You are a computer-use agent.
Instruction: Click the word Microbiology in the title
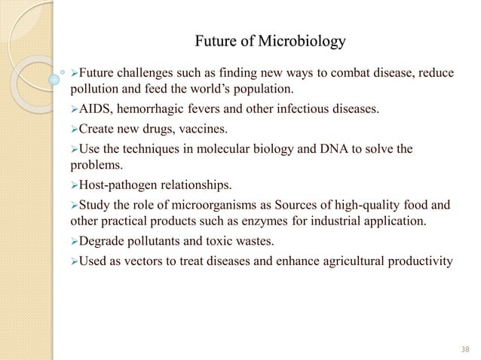coord(302,39)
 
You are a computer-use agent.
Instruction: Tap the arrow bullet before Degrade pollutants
coord(74,242)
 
